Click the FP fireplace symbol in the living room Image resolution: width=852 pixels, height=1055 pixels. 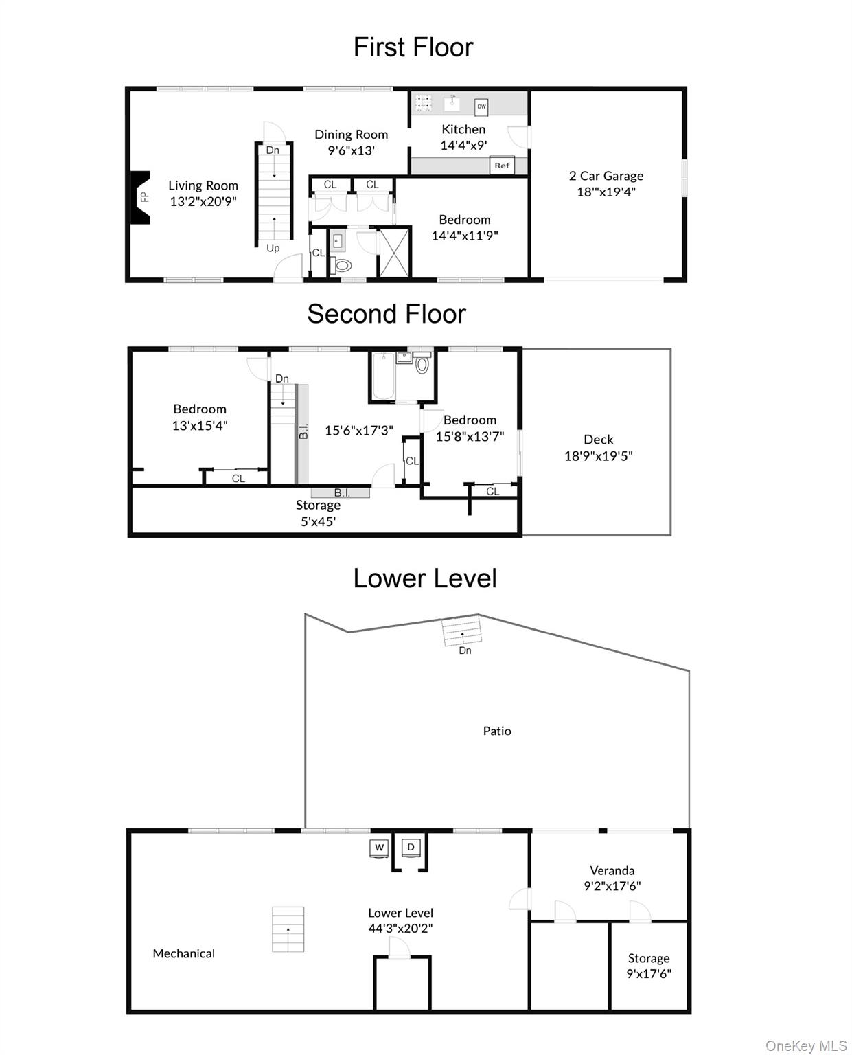click(x=139, y=197)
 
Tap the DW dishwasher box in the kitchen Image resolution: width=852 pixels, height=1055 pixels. click(x=481, y=106)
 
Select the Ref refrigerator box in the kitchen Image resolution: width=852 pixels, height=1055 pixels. click(x=501, y=166)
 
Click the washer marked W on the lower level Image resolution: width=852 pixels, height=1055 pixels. click(x=379, y=847)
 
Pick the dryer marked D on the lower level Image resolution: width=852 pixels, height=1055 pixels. click(x=411, y=847)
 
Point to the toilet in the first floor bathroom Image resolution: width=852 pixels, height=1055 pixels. click(x=343, y=265)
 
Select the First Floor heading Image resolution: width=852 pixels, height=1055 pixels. click(x=413, y=47)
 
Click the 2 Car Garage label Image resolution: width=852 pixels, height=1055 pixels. click(x=606, y=176)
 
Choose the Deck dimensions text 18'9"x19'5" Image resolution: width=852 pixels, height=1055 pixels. click(x=598, y=455)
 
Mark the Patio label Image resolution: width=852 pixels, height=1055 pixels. click(x=496, y=731)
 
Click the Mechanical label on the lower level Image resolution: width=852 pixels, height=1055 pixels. click(x=183, y=953)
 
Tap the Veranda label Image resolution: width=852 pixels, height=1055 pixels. click(x=612, y=870)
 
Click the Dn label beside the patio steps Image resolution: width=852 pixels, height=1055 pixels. click(x=465, y=650)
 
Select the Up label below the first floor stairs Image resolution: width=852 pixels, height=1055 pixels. click(x=273, y=248)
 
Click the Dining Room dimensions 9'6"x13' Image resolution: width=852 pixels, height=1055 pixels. click(x=351, y=150)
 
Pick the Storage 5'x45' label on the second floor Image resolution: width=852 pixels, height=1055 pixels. click(x=318, y=512)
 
